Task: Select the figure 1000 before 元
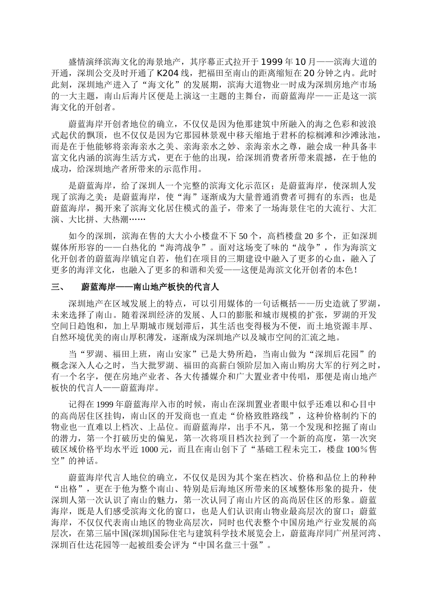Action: (151, 450)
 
